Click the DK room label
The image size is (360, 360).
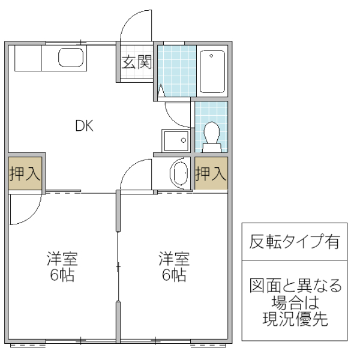pos(84,126)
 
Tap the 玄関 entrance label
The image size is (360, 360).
pos(137,62)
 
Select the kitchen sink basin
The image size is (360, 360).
pos(71,58)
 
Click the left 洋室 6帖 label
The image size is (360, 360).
pos(62,268)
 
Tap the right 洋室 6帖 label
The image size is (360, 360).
pos(174,268)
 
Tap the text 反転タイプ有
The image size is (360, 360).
pos(294,242)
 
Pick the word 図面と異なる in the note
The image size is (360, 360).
pos(295,285)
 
